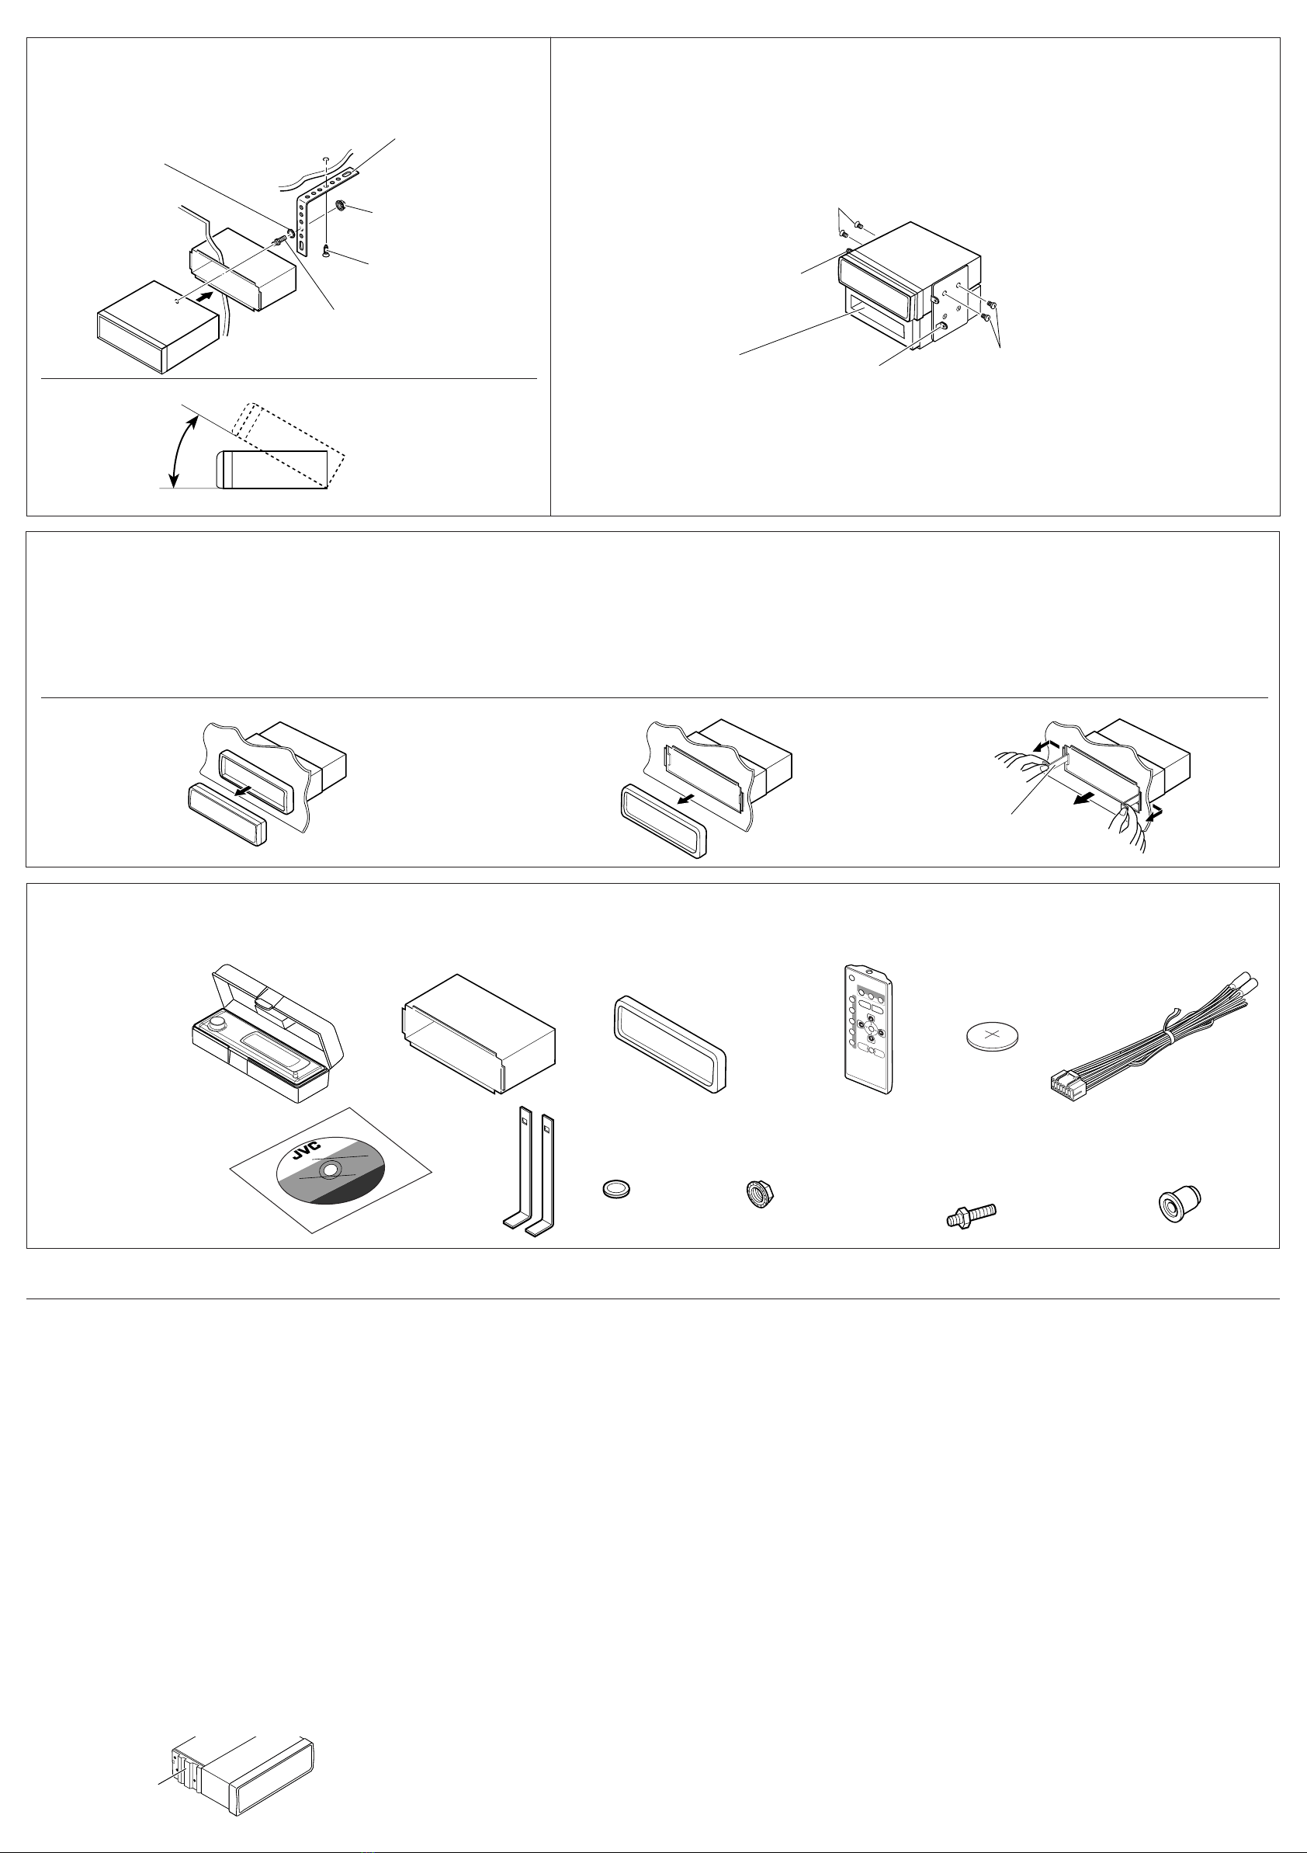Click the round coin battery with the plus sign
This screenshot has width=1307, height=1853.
(993, 1034)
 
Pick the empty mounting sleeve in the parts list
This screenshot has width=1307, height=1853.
(477, 1034)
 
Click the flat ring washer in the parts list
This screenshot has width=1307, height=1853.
(617, 1189)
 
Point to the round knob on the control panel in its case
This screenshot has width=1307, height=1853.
(217, 1025)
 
